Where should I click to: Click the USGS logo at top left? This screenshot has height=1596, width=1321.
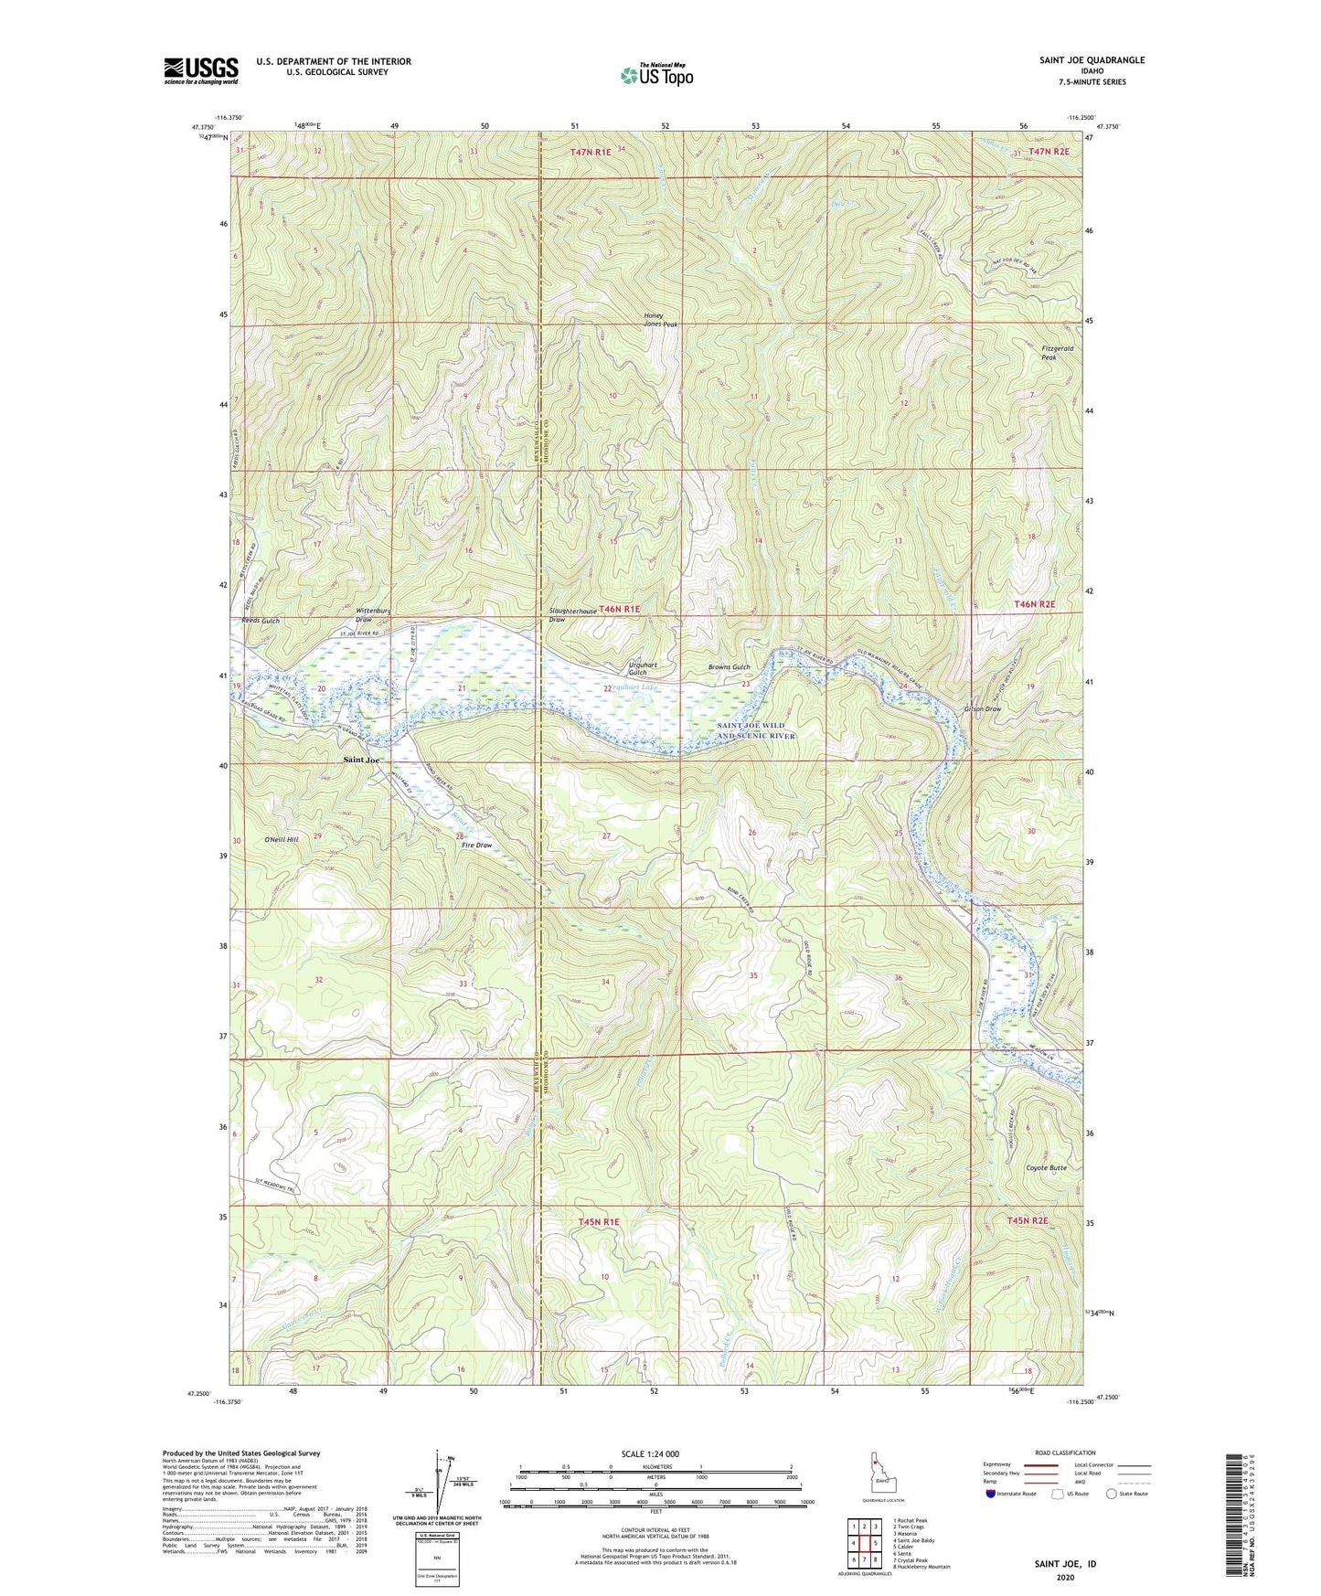coord(200,69)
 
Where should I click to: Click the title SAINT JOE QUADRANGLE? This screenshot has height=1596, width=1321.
coord(1092,60)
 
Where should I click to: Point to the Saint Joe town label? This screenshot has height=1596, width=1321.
coord(360,760)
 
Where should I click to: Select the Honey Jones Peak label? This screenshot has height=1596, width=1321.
coord(660,319)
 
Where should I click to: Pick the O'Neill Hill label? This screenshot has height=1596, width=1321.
coord(281,839)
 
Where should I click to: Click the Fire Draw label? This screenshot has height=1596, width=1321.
coord(476,845)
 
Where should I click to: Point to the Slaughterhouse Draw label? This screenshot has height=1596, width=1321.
coord(572,614)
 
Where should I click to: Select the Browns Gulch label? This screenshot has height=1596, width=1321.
coord(729,667)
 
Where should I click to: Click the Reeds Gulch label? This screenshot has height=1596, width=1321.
coord(261,621)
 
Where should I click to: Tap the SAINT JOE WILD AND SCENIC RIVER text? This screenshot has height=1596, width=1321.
coord(751,730)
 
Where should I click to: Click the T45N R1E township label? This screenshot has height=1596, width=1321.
coord(599,1221)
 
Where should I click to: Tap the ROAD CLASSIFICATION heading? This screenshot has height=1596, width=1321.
coord(1065,1452)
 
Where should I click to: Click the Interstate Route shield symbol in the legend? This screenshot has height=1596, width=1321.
coord(991,1494)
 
